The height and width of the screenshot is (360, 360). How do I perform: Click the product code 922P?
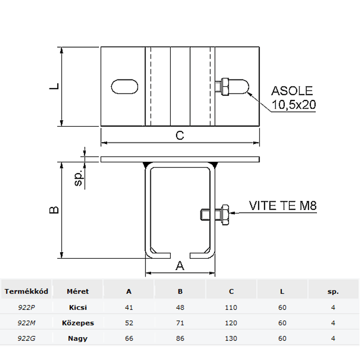26,308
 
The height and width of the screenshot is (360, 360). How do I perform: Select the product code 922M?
26,323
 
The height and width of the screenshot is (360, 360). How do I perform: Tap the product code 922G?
26,338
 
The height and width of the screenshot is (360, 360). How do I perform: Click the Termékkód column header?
26,291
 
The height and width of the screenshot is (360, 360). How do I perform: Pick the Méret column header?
78,291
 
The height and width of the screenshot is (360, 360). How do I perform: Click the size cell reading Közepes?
78,323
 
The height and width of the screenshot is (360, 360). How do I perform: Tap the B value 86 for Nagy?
180,338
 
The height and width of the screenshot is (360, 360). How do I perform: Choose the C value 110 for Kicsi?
231,308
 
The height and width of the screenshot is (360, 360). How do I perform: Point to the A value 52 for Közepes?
129,323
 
